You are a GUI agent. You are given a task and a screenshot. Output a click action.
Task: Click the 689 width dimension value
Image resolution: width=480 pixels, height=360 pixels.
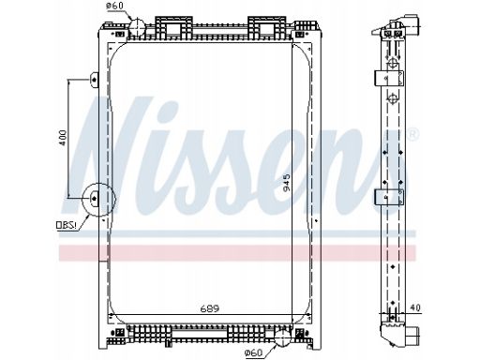click(210, 308)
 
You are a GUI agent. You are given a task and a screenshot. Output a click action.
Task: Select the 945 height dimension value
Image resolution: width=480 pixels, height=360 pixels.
click(286, 183)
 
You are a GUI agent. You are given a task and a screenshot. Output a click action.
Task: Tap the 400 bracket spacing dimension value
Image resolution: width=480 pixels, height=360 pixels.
click(63, 138)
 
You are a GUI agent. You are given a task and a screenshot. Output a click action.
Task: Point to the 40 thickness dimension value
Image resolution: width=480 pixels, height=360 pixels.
click(415, 307)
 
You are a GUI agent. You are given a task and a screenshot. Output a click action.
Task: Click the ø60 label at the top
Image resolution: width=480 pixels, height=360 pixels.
click(114, 6)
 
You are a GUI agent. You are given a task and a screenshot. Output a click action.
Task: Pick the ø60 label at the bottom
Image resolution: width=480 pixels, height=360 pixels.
click(253, 353)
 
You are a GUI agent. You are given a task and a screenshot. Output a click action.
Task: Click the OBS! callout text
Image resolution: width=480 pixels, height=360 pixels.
click(67, 225)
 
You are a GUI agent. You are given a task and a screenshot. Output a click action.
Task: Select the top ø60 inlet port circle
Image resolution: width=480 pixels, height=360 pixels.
click(137, 27)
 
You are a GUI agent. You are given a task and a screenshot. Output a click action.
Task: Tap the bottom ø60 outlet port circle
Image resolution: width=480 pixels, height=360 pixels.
click(282, 337)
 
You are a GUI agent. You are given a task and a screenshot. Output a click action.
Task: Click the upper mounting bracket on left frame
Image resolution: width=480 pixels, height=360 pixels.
click(94, 80)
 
